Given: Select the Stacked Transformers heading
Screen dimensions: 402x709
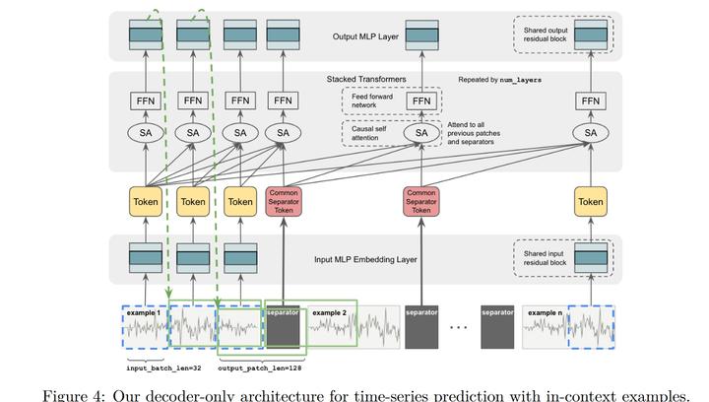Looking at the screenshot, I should (366, 78).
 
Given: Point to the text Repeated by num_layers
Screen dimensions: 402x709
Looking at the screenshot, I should (500, 78).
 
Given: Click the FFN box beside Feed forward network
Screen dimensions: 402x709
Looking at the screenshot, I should (421, 100).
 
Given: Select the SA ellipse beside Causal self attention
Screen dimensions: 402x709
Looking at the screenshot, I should (421, 133).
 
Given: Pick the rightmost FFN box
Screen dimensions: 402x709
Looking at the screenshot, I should (591, 100).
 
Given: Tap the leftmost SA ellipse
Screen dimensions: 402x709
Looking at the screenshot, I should (147, 133).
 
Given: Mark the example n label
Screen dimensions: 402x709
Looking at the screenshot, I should (545, 312).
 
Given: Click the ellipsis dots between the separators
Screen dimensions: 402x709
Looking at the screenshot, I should (456, 326).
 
